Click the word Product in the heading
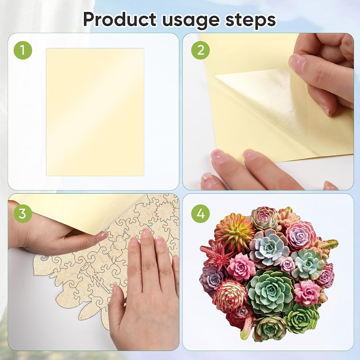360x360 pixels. point(120,19)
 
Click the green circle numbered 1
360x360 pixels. point(23,50)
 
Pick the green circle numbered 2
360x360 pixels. point(201,50)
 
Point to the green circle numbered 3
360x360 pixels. point(22,213)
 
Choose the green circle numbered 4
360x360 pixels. point(201,213)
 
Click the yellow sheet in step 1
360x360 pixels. point(95,112)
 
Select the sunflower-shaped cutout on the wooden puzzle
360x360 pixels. point(164,211)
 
